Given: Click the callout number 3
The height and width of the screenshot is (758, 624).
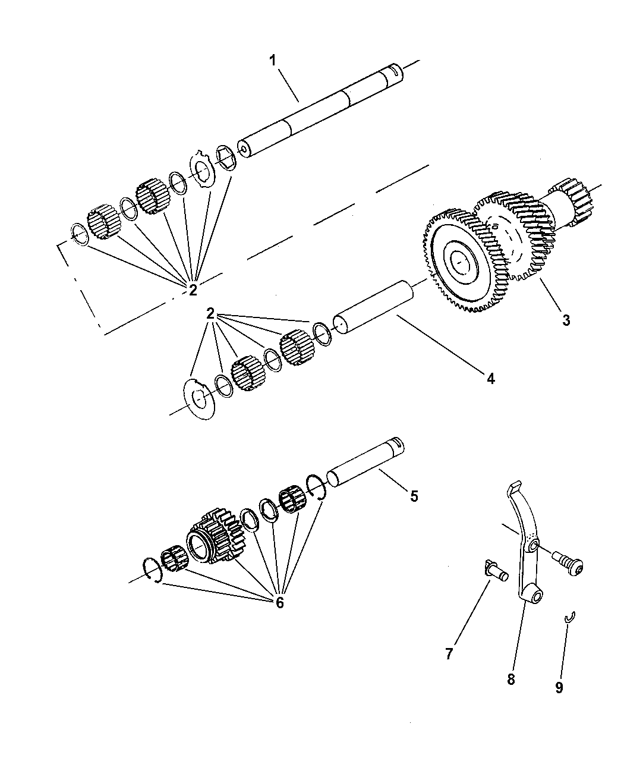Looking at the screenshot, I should tap(566, 320).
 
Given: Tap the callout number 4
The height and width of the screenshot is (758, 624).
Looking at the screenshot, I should tap(490, 378).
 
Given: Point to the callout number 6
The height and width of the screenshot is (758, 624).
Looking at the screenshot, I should tap(279, 602).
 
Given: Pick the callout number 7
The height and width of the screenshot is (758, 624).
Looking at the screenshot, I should tap(449, 654).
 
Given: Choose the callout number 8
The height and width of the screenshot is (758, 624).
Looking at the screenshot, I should tap(511, 679).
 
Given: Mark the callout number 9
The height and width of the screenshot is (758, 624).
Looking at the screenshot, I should tap(559, 687).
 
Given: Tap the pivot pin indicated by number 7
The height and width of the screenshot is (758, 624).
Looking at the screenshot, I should tap(495, 573).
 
